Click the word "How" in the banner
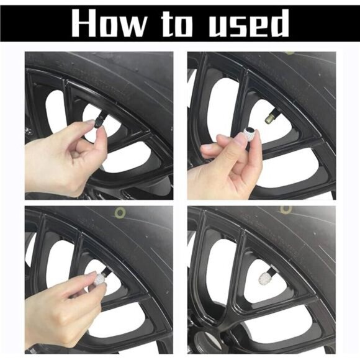click(109, 24)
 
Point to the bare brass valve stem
click(271, 117)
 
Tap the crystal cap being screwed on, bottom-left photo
click(101, 279)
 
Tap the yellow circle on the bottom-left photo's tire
click(120, 212)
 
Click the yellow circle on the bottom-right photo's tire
click(286, 209)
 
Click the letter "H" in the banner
click(84, 24)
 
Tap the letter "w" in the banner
click(133, 27)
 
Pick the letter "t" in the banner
click(168, 24)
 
